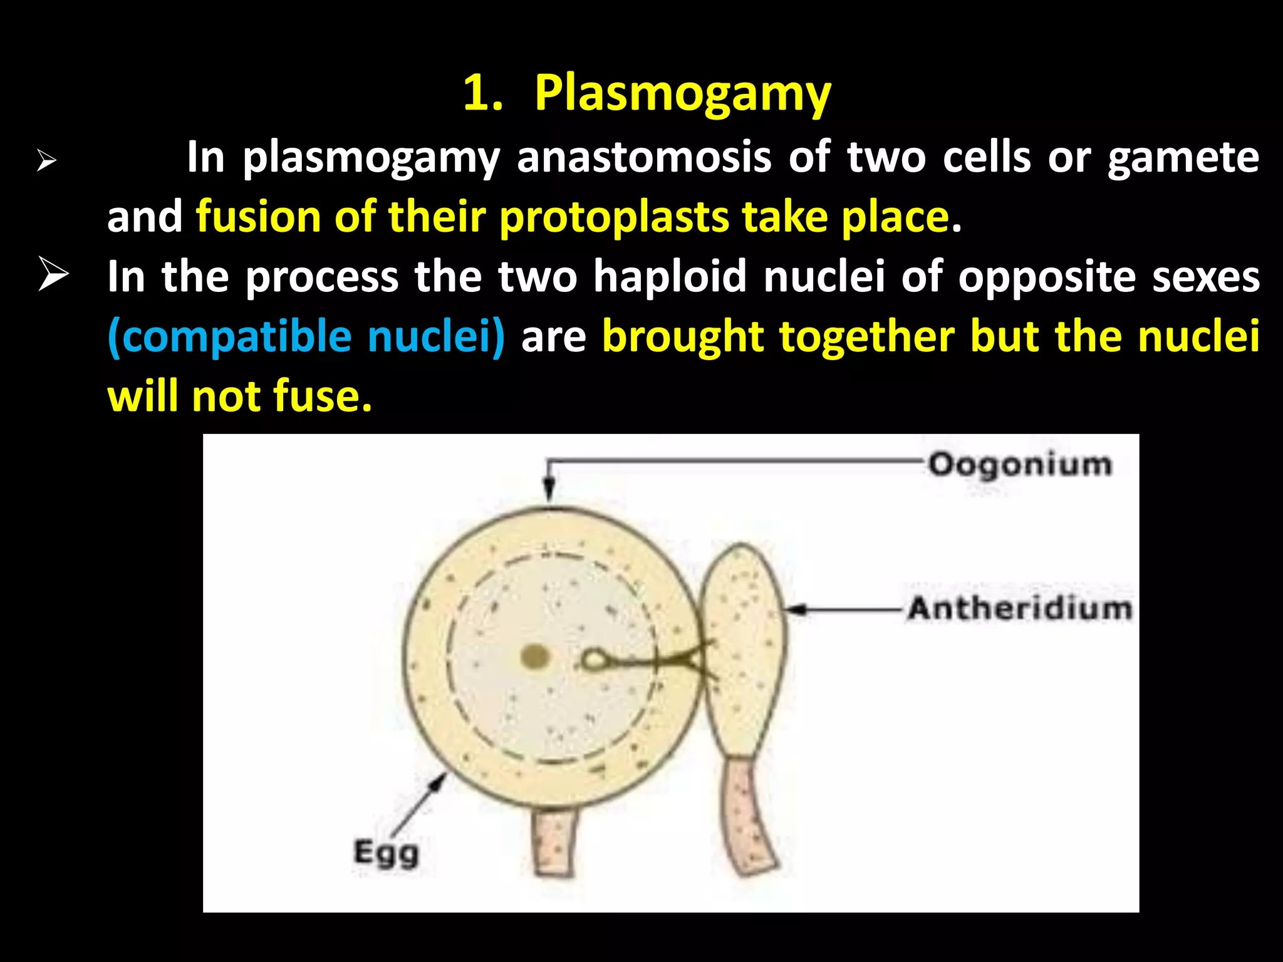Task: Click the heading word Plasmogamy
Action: [x=682, y=94]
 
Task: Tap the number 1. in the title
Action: [x=482, y=94]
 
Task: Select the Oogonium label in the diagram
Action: [x=1020, y=465]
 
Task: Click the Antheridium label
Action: [x=1020, y=608]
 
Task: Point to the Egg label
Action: [x=386, y=853]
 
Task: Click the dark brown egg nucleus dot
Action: [x=535, y=657]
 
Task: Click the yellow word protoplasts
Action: [x=613, y=217]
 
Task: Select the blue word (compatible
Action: [x=229, y=337]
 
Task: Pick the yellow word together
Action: [x=867, y=337]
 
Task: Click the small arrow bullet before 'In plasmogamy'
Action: [x=46, y=161]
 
